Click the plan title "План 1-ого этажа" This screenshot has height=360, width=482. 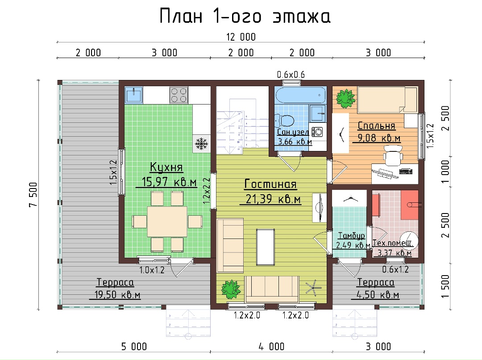tap(245, 17)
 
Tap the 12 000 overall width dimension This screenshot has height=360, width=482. tap(241, 37)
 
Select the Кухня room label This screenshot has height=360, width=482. tap(166, 167)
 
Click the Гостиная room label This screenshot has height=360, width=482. tap(270, 184)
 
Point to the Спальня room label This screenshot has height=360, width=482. tap(376, 126)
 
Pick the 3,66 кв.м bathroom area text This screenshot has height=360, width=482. tap(295, 142)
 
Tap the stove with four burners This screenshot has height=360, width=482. tap(179, 95)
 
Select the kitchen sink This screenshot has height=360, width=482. tap(134, 95)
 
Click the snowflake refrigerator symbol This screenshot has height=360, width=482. tap(201, 143)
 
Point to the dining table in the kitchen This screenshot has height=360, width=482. tap(167, 222)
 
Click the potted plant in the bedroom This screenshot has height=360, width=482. tap(345, 98)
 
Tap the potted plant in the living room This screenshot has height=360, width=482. tap(231, 289)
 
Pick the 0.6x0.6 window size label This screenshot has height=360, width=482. tap(291, 75)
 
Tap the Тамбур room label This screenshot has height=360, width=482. tap(351, 236)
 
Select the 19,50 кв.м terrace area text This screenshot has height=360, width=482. tap(117, 295)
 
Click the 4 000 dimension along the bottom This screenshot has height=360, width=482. tap(271, 347)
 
